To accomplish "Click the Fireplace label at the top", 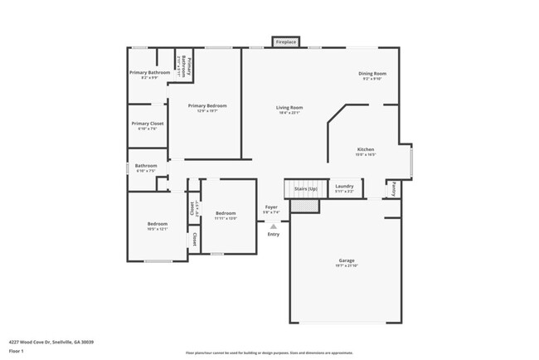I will click(x=286, y=41).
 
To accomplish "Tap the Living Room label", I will click(x=289, y=107).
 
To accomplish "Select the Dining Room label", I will click(x=372, y=73).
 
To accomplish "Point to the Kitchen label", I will click(x=366, y=149).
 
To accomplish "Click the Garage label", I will click(x=346, y=260).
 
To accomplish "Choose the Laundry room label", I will click(x=344, y=187).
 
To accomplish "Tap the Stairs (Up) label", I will click(x=306, y=189).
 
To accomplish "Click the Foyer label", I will click(x=271, y=207).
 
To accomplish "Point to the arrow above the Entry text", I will click(x=274, y=226).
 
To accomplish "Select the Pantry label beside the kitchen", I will click(x=393, y=188).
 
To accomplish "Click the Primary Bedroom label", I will click(x=206, y=105).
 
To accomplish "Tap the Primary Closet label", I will click(x=148, y=124).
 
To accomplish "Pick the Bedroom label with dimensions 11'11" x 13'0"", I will click(x=226, y=212).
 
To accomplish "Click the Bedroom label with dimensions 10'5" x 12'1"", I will click(x=158, y=223).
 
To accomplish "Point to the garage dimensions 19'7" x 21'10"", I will click(x=346, y=265).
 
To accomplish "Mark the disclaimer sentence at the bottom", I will click(x=270, y=353).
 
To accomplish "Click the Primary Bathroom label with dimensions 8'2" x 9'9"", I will click(x=149, y=72).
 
